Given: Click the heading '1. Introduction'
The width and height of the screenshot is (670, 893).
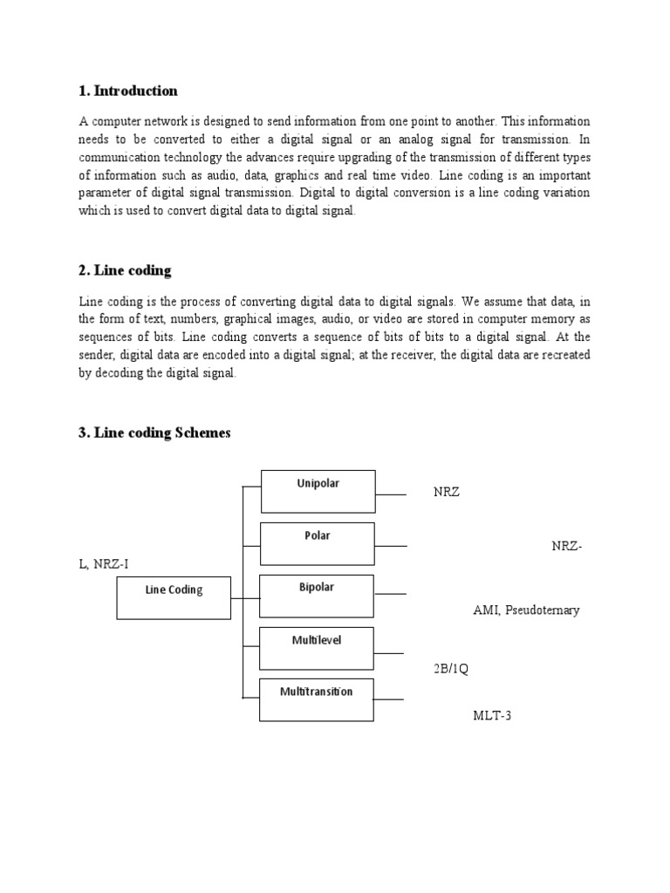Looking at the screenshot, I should (x=128, y=91).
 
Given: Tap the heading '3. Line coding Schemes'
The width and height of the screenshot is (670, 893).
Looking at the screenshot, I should (x=154, y=433).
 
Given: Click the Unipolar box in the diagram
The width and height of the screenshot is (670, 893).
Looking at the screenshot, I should (x=318, y=491).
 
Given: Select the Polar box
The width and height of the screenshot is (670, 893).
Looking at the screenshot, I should (x=318, y=543).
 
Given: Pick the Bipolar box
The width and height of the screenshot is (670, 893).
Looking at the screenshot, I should (x=318, y=596).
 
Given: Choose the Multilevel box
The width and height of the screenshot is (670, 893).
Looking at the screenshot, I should (x=318, y=648).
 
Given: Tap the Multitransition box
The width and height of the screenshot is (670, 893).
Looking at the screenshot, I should (x=318, y=699).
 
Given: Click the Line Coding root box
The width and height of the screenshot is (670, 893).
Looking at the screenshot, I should (x=174, y=597).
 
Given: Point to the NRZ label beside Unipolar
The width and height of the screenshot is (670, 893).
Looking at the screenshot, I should (x=446, y=493).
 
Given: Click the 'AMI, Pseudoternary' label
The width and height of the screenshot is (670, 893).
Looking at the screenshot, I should (x=526, y=610).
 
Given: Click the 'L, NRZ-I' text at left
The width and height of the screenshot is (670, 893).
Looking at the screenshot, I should (x=104, y=564).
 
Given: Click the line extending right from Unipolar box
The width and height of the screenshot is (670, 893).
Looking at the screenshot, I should (x=391, y=494).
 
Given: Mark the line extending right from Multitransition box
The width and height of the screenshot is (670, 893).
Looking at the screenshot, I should (x=389, y=699).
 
